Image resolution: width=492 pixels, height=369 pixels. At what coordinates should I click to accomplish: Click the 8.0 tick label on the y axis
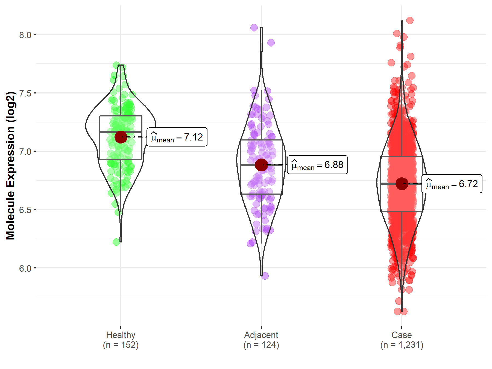coord(25,35)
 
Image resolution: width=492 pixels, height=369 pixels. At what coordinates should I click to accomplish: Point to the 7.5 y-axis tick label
coord(25,93)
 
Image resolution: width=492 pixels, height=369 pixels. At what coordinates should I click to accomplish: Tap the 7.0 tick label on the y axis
coord(25,152)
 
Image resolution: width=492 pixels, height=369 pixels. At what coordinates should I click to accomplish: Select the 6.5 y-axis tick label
coord(25,210)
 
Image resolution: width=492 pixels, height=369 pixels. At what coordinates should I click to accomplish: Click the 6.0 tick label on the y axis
coord(25,268)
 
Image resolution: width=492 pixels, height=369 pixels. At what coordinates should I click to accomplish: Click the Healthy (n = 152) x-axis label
coord(121,340)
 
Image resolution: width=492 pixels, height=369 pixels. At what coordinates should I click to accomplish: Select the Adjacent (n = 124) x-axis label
coord(261,340)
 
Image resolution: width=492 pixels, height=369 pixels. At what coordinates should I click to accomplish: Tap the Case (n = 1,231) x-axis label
coord(402,340)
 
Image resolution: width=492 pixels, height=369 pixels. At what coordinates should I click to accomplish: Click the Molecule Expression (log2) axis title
coord(10,166)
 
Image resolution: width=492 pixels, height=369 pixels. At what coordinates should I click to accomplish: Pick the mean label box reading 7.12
coord(177,137)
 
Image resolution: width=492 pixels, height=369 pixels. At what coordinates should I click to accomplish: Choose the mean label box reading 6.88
coord(318,165)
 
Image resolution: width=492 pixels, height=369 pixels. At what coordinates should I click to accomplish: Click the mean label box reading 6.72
coord(452,184)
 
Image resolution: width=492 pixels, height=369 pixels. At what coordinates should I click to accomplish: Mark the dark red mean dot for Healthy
coord(121,137)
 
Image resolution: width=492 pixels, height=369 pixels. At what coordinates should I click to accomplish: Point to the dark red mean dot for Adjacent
coord(261,165)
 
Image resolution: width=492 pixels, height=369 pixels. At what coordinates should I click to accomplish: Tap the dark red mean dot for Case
coord(402,184)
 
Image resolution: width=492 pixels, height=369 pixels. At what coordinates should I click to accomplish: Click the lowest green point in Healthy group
coord(116,242)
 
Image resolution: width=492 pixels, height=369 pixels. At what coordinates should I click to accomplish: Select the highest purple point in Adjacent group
coord(254,28)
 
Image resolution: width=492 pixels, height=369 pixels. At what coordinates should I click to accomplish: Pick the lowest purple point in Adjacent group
coord(265,276)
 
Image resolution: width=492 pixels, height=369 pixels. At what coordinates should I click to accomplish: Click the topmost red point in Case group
coord(410,20)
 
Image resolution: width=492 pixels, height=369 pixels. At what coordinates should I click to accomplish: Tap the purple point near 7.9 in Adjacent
coord(271,43)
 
